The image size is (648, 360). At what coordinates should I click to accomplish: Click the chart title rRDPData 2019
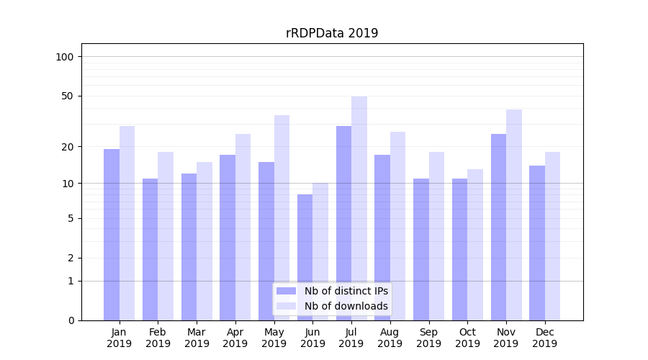(332, 33)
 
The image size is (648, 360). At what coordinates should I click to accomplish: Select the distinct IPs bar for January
(112, 235)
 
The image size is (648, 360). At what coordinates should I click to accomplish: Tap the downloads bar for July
(359, 208)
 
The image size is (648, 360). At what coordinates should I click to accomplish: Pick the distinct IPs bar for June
(305, 257)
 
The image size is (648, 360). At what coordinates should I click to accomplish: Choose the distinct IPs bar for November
(498, 227)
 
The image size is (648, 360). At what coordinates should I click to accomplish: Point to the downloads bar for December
(552, 236)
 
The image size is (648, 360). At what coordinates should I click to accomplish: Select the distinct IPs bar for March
(189, 247)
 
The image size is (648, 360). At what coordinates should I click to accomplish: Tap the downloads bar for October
(475, 245)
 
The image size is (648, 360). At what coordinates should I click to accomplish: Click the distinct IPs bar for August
(382, 238)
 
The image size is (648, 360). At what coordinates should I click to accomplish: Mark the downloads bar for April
(243, 227)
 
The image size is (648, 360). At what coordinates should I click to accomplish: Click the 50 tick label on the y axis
(68, 96)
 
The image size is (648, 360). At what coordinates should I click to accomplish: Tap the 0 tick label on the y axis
(71, 320)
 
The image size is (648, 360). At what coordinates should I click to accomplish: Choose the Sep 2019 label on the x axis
(428, 338)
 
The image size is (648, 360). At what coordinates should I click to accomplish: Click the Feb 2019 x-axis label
(158, 338)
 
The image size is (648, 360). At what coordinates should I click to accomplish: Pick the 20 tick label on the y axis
(68, 147)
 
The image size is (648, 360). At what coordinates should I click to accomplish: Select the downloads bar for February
(166, 236)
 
